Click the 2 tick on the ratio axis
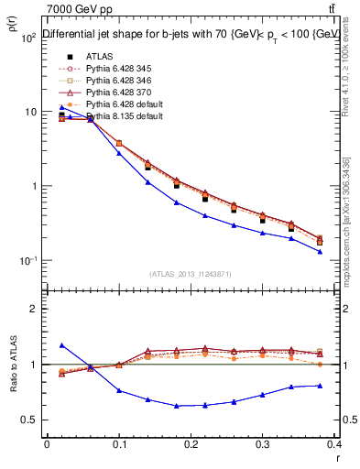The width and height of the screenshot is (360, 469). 35,309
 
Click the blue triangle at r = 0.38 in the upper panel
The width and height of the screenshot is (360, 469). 320,251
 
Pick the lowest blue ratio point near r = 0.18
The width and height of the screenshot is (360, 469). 176,405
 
